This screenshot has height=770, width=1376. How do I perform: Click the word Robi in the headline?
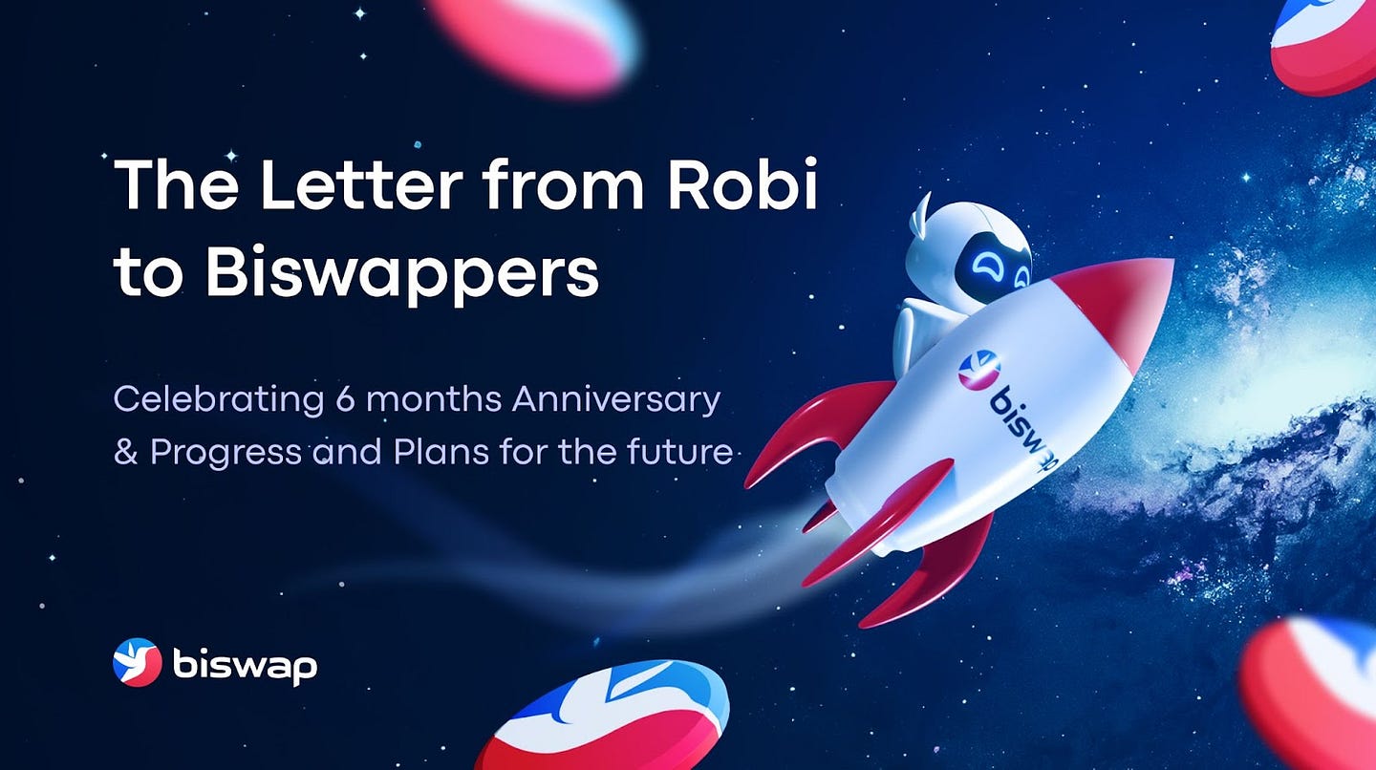742,183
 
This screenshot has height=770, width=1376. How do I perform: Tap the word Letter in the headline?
362,184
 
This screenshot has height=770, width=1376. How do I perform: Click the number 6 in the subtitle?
345,398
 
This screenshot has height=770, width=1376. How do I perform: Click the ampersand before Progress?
125,451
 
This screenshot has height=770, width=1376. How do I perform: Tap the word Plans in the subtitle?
441,451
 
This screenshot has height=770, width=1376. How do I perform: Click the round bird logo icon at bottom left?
137,662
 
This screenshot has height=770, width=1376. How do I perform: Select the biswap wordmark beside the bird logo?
245,665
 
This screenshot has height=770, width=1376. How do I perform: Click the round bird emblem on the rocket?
979,369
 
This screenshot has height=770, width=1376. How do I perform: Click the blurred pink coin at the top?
533,44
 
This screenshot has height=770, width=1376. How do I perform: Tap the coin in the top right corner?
1327,44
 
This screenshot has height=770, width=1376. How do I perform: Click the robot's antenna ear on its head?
923,214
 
